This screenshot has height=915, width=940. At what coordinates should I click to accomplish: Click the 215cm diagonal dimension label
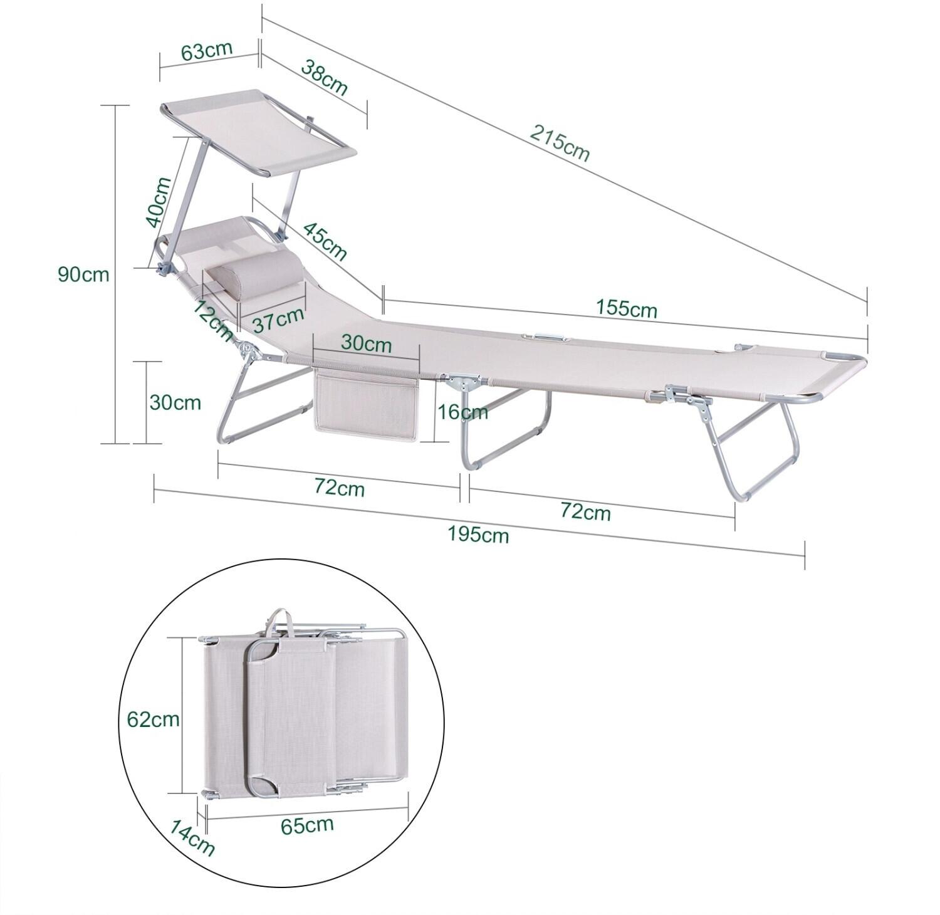560,144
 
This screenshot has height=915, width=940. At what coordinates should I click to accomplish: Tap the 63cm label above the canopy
207,51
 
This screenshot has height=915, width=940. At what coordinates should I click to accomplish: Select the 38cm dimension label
325,76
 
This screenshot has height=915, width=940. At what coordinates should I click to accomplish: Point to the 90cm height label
83,274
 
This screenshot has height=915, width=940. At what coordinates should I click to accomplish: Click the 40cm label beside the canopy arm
158,202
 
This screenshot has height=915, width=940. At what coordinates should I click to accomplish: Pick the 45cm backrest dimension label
324,240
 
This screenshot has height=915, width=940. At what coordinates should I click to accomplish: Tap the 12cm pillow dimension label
212,320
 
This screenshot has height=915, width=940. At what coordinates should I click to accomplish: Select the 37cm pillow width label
278,321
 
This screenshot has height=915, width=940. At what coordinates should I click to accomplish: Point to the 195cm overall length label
478,534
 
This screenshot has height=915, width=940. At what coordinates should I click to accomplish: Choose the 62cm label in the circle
153,719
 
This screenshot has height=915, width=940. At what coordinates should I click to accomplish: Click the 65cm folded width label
307,825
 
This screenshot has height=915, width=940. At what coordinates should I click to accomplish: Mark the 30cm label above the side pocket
366,344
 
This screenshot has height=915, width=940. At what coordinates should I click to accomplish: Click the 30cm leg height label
175,402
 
